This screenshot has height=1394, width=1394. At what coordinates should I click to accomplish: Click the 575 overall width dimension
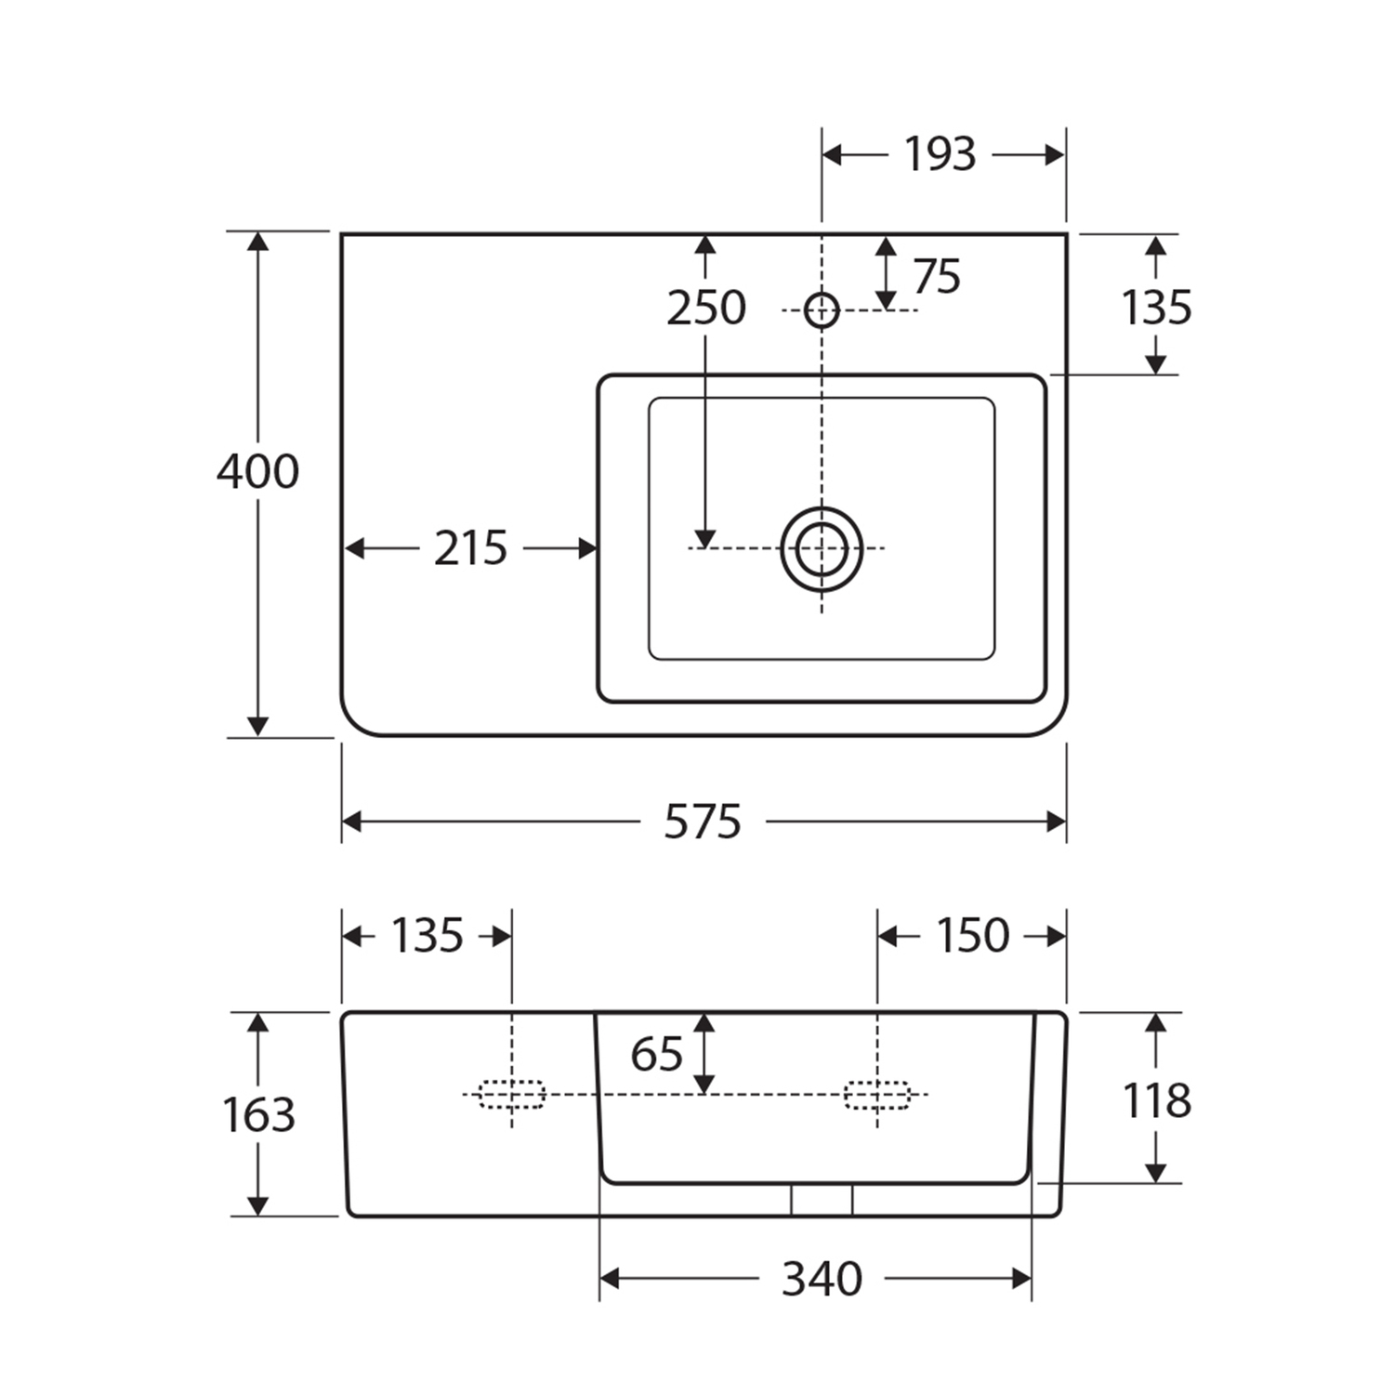click(x=703, y=822)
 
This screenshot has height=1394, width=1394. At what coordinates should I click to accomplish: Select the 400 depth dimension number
click(x=258, y=471)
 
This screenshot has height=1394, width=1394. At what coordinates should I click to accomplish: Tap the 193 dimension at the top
click(x=940, y=154)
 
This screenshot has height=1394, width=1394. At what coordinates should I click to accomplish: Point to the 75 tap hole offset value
click(x=937, y=276)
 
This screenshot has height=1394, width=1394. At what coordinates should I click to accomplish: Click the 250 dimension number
click(x=706, y=308)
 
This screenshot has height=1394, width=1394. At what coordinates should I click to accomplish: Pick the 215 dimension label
click(x=471, y=548)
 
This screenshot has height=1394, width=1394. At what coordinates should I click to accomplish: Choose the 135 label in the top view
click(x=1156, y=308)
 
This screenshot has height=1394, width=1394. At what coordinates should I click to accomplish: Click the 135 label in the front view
click(x=427, y=936)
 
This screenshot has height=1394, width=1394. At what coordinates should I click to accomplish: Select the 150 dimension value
click(x=973, y=936)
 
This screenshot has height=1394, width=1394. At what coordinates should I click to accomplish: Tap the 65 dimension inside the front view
click(x=656, y=1054)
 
